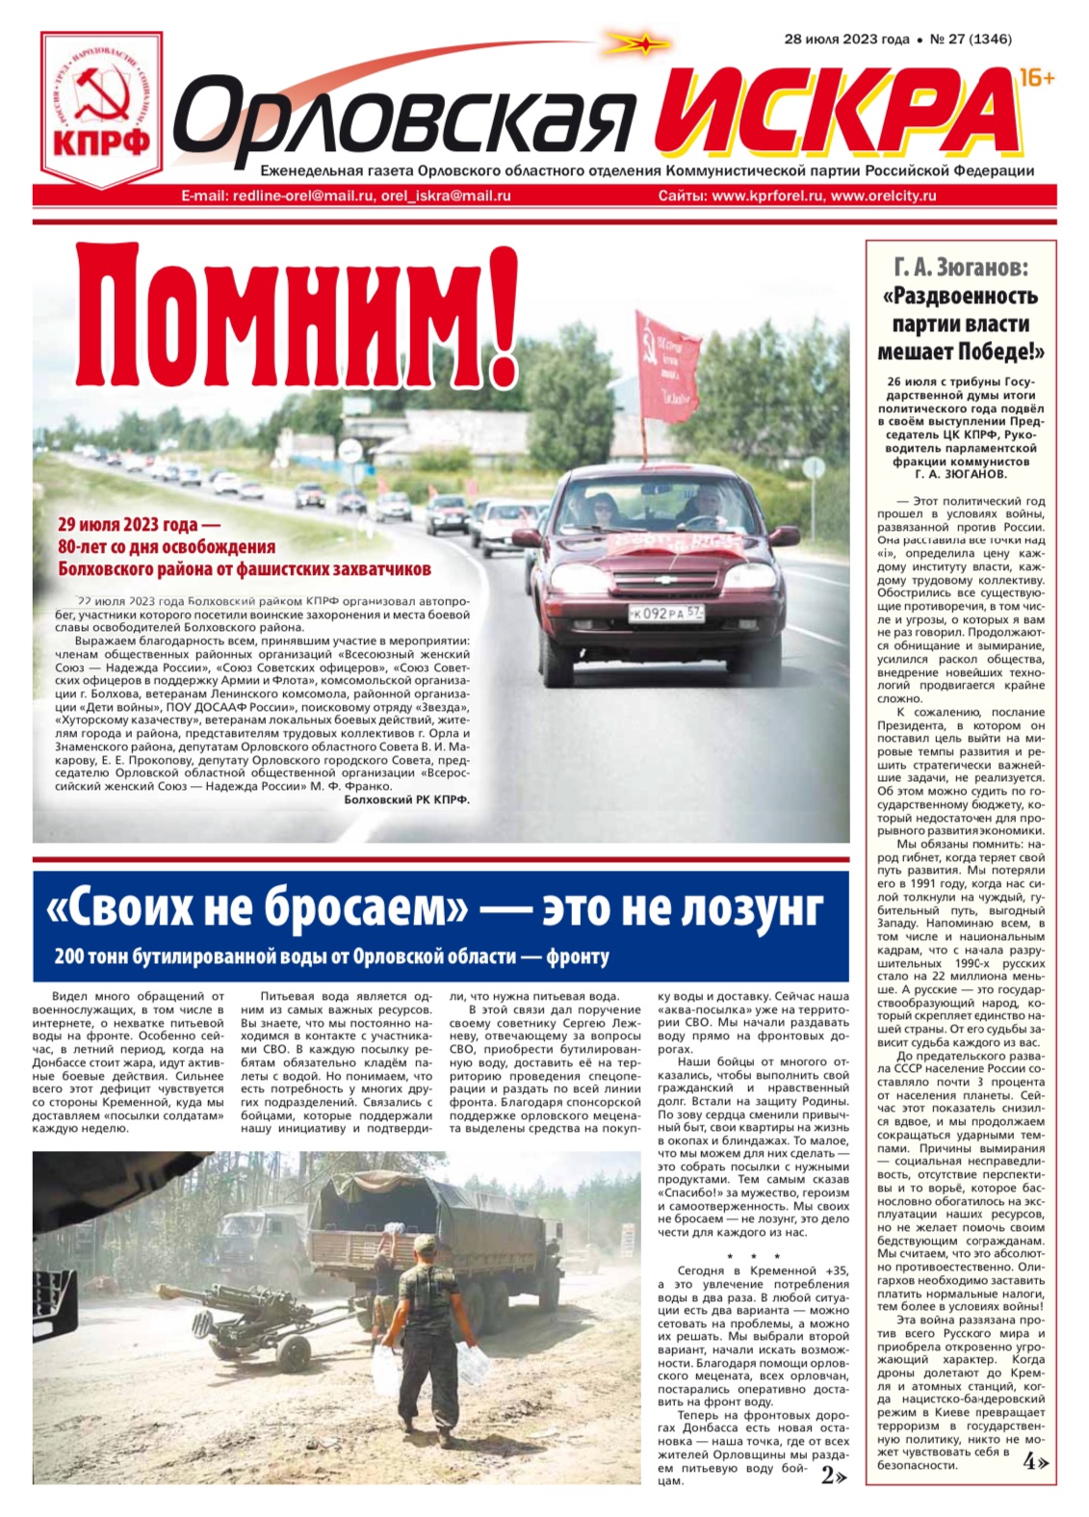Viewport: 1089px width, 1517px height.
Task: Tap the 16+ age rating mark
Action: pos(1036,78)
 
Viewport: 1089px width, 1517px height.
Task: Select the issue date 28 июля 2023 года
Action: pos(846,39)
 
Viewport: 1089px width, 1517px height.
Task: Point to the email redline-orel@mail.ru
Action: pos(302,196)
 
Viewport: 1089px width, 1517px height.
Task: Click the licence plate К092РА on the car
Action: pos(665,612)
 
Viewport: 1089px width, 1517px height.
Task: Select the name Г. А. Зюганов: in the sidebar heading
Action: pos(960,267)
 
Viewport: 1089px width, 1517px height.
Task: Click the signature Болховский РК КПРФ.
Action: pos(406,799)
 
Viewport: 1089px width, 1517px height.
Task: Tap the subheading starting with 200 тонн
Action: pos(331,956)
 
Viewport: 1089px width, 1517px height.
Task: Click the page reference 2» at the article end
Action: pos(834,1476)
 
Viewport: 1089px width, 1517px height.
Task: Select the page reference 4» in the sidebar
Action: pos(1035,1462)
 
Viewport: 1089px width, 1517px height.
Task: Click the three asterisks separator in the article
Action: pos(754,1257)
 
